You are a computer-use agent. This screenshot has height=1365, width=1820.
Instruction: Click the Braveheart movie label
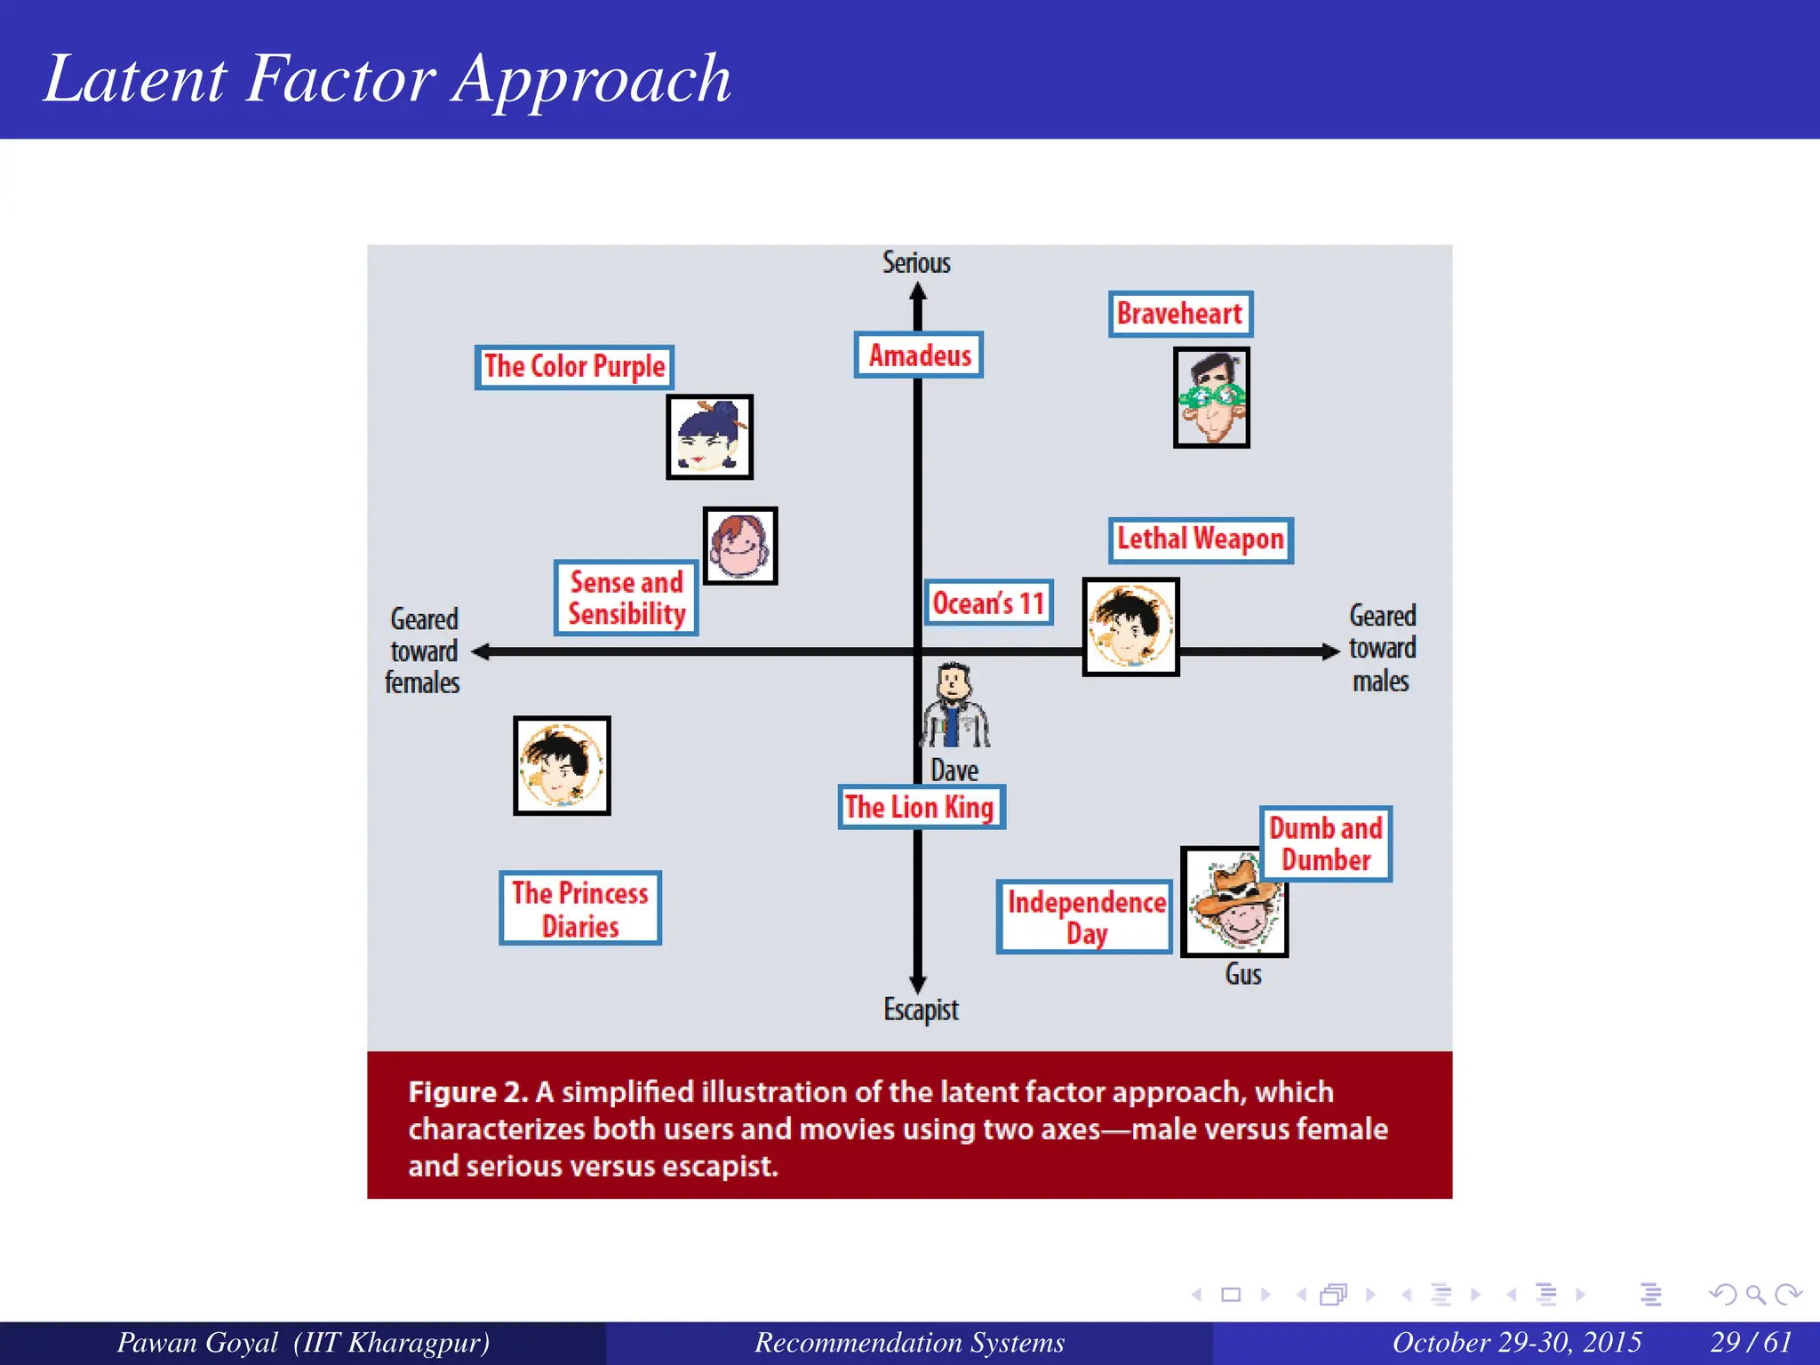[x=1180, y=314]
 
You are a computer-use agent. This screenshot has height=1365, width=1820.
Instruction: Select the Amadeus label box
[x=919, y=355]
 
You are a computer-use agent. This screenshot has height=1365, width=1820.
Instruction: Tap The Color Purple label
[x=574, y=367]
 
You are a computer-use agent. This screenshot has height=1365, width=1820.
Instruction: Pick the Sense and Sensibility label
[x=626, y=598]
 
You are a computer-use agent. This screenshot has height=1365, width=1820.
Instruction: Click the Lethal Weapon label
[x=1200, y=539]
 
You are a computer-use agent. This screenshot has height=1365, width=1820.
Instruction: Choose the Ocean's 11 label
[x=988, y=603]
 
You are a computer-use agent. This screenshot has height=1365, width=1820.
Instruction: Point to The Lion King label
[x=921, y=807]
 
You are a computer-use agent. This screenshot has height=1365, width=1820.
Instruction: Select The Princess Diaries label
[x=580, y=908]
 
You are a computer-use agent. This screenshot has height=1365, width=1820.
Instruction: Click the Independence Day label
[x=1085, y=917]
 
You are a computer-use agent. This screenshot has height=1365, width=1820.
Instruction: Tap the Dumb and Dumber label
[x=1325, y=843]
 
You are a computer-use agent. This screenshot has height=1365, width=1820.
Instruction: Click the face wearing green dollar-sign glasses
[x=1211, y=397]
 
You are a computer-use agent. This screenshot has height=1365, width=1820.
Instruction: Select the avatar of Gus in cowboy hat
[x=1233, y=903]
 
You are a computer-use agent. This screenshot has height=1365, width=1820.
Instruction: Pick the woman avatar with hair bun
[x=709, y=437]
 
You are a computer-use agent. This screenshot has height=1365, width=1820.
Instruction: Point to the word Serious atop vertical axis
[x=916, y=263]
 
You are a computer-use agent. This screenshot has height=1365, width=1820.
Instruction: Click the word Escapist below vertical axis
[x=921, y=1010]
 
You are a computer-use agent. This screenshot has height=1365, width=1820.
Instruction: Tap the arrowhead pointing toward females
[x=481, y=651]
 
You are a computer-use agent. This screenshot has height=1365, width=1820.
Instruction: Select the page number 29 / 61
[x=1750, y=1342]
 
